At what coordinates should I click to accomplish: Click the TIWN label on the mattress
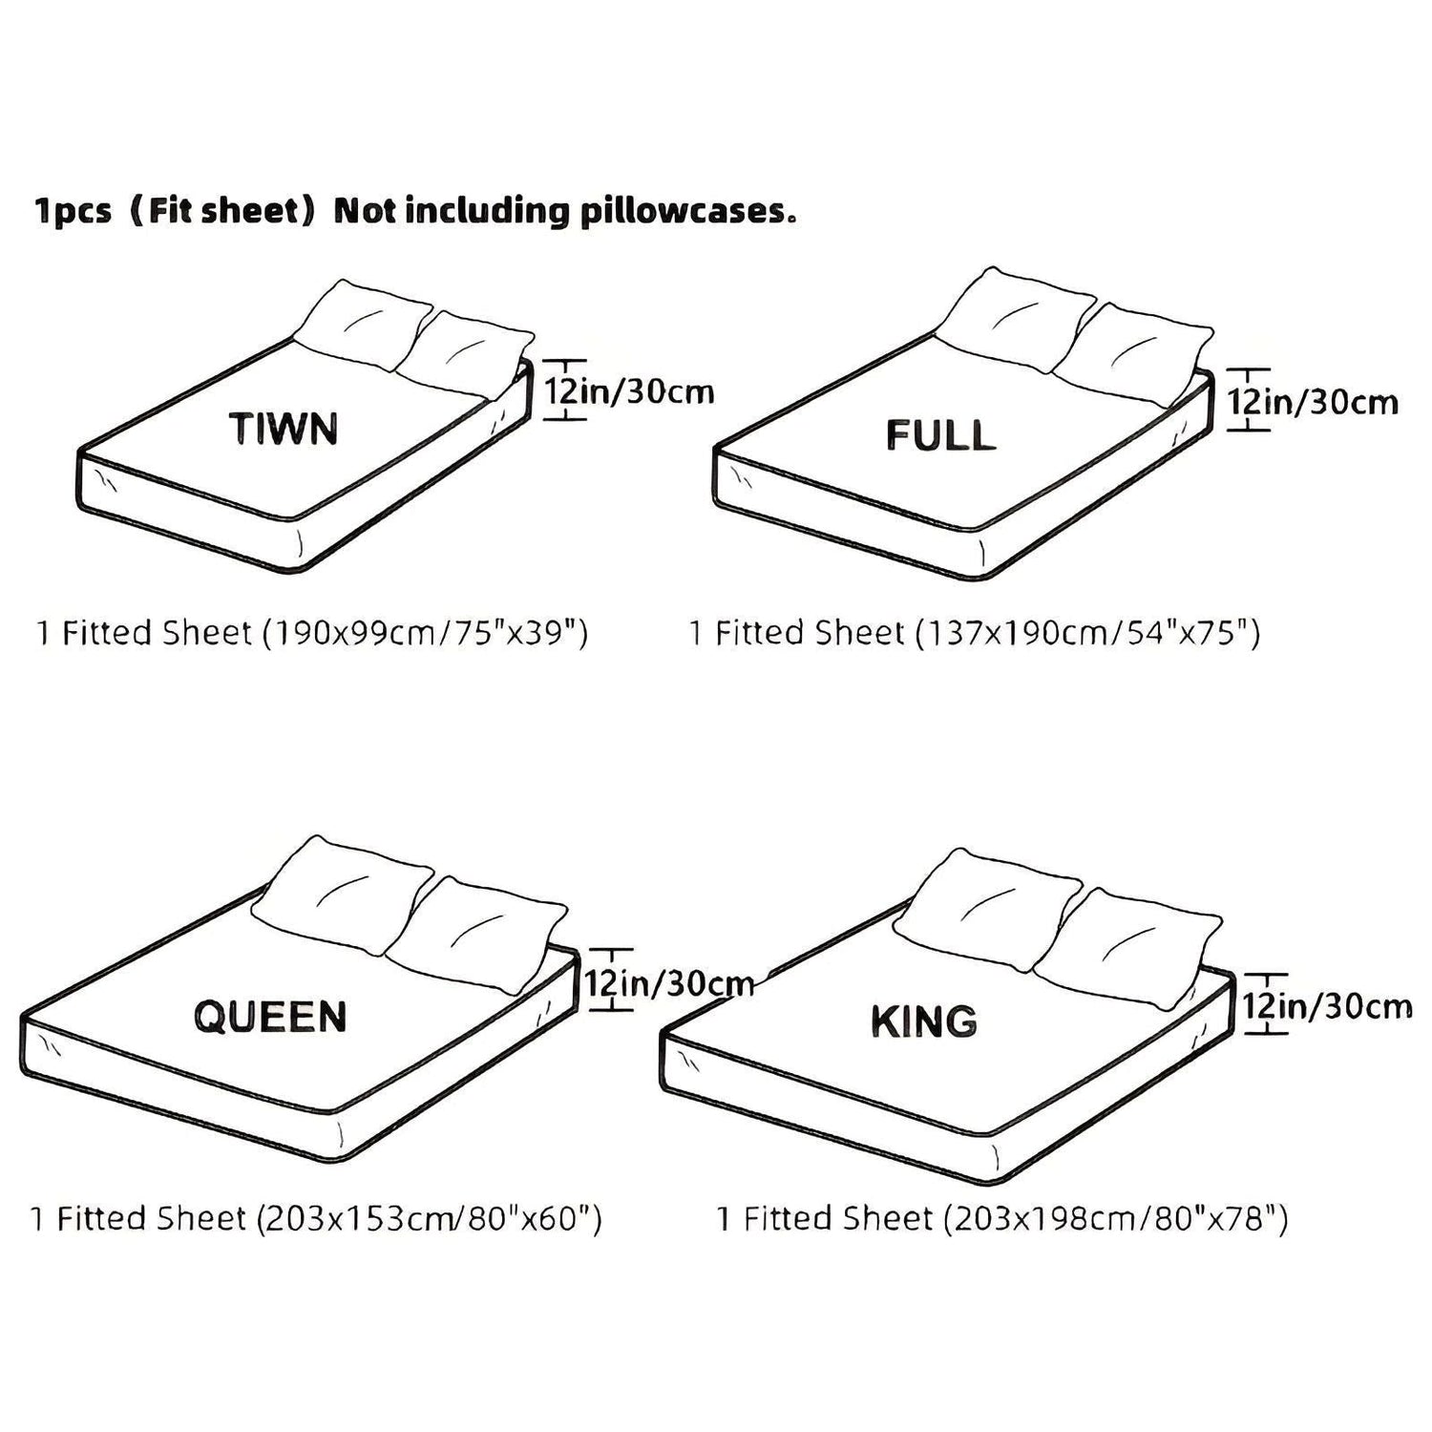[284, 429]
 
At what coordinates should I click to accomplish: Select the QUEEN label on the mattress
[270, 1017]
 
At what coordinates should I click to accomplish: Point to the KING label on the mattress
[924, 1021]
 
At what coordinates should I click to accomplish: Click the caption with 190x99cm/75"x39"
[312, 633]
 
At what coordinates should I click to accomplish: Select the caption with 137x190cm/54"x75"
[975, 633]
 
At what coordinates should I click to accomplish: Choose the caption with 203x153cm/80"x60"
[316, 1219]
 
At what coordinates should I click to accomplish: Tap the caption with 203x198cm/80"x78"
[1002, 1219]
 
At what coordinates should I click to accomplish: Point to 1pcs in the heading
[74, 212]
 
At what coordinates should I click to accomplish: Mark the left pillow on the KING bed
[988, 910]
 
